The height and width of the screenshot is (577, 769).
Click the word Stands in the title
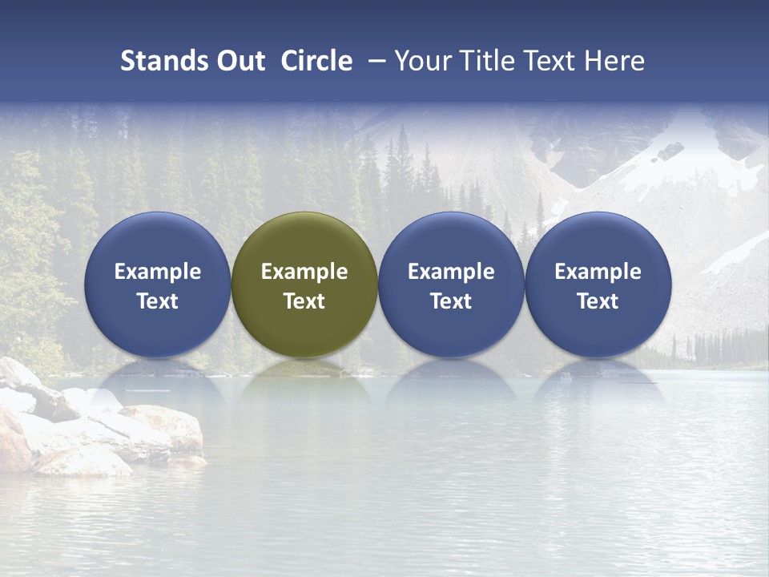[159, 61]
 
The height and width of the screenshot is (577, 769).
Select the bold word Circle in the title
[316, 61]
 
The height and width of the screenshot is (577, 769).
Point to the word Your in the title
[423, 61]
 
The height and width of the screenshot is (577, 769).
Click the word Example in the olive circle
[304, 272]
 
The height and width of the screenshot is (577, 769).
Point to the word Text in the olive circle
[304, 301]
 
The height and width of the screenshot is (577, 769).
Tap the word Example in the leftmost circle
[158, 272]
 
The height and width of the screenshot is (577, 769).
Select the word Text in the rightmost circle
[598, 301]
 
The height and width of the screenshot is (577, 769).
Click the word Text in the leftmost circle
[158, 301]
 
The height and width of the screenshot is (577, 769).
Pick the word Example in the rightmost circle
[598, 272]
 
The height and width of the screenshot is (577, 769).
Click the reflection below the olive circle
[304, 381]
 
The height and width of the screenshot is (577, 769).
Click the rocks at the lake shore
[96, 425]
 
